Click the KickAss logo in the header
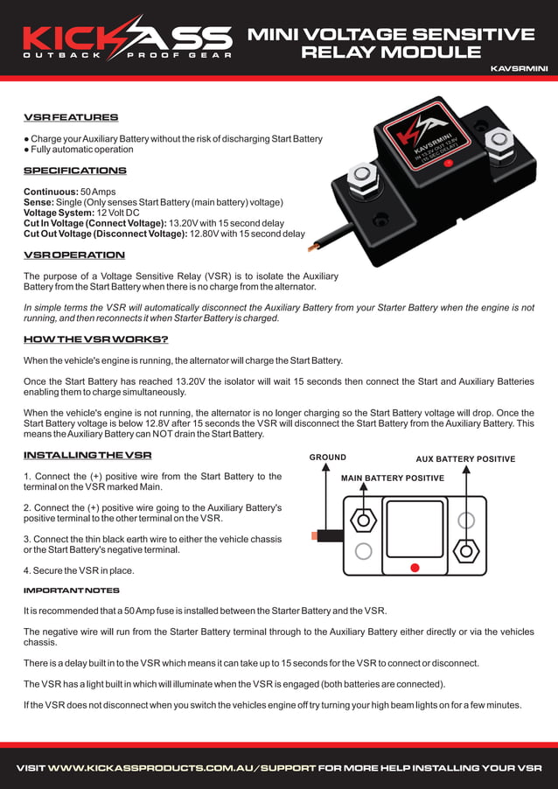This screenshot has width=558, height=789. (128, 38)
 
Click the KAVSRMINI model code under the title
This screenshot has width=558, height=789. (519, 67)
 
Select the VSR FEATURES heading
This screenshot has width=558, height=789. (70, 117)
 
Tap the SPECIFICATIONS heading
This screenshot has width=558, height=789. (74, 171)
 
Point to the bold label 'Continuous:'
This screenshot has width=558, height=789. (50, 192)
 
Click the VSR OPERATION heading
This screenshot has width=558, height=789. (73, 255)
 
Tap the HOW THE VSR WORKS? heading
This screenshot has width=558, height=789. (95, 339)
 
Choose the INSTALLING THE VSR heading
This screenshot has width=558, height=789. (87, 455)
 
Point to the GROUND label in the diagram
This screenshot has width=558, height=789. (327, 457)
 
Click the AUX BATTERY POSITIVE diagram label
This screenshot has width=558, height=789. (464, 459)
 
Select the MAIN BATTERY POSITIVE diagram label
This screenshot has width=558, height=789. (392, 478)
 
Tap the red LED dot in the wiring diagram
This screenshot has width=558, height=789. (415, 568)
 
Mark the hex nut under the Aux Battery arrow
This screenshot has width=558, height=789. (467, 551)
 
